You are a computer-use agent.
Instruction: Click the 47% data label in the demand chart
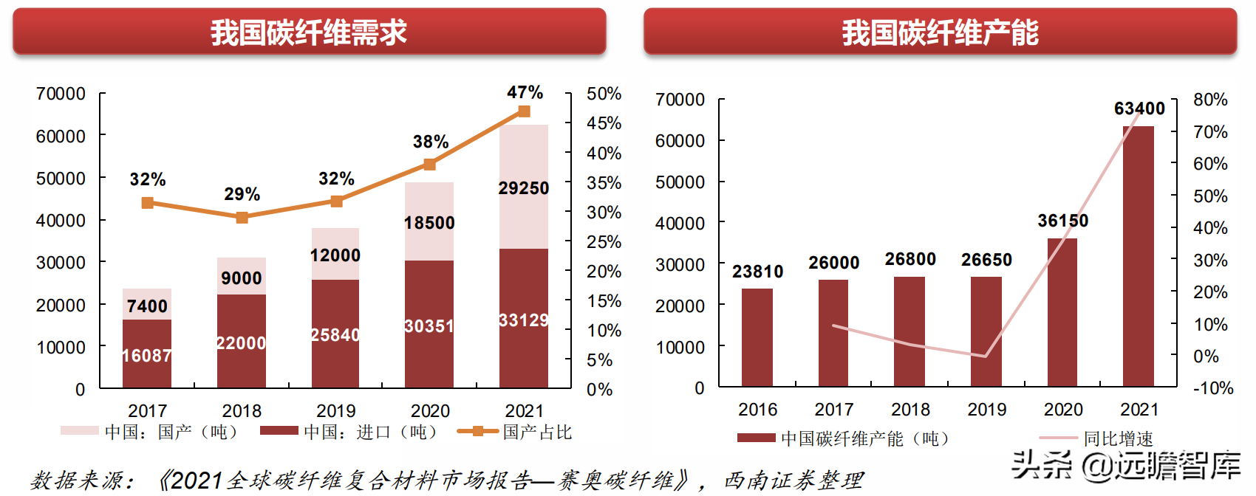[x=525, y=93]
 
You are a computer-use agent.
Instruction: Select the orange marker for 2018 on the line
[x=242, y=217]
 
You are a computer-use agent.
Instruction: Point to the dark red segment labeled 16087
[x=147, y=354]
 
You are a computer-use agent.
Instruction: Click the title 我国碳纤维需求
[x=309, y=32]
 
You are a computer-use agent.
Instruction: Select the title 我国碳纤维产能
[x=940, y=32]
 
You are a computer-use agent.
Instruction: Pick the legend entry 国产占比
[x=537, y=432]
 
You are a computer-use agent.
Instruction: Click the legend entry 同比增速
[x=1117, y=438]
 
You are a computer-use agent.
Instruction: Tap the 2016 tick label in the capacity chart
[x=757, y=410]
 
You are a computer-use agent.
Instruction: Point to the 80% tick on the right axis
[x=1210, y=100]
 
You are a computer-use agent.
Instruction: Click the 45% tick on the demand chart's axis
[x=604, y=123]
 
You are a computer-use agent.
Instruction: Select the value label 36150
[x=1062, y=221]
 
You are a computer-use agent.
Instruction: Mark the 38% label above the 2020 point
[x=430, y=142]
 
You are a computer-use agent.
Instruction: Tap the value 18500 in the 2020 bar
[x=429, y=223]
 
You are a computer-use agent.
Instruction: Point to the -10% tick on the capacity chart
[x=1212, y=388]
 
